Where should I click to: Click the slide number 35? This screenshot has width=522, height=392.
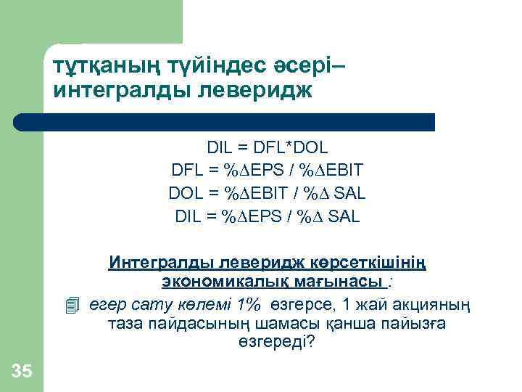tap(22, 372)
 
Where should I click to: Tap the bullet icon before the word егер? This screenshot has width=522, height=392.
tap(70, 305)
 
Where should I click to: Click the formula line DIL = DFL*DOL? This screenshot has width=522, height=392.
tap(267, 148)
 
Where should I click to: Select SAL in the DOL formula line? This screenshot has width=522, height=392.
tap(348, 194)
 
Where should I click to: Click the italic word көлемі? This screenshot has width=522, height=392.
tap(199, 304)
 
